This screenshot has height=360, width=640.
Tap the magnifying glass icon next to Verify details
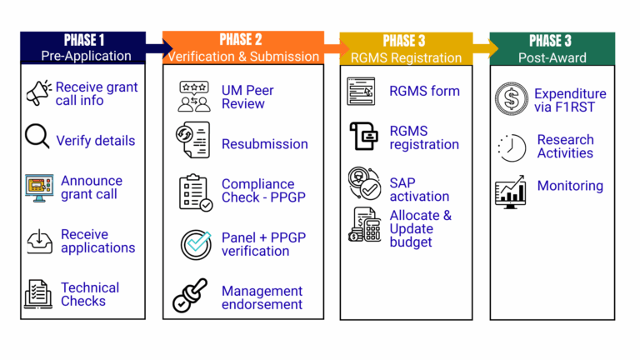pos(37,137)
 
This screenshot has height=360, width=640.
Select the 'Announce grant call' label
pos(91,187)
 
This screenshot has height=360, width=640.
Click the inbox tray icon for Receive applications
pos(39,241)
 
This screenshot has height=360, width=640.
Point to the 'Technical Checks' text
pos(89,294)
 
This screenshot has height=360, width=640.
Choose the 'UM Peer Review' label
pos(247,97)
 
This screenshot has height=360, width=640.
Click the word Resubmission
pos(264,144)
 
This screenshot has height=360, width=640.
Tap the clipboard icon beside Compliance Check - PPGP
pos(196,191)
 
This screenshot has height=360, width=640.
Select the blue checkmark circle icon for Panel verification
pos(197,244)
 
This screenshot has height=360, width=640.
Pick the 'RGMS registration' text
pos(423,137)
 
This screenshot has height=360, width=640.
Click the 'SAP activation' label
pos(419,190)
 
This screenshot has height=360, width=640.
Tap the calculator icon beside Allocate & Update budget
pos(364,226)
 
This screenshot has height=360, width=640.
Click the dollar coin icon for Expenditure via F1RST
pos(511,99)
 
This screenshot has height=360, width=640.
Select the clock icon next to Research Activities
pos(512,147)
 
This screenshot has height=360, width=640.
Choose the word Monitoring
pos(570,186)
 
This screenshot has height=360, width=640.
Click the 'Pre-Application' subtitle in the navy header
pos(87,56)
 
